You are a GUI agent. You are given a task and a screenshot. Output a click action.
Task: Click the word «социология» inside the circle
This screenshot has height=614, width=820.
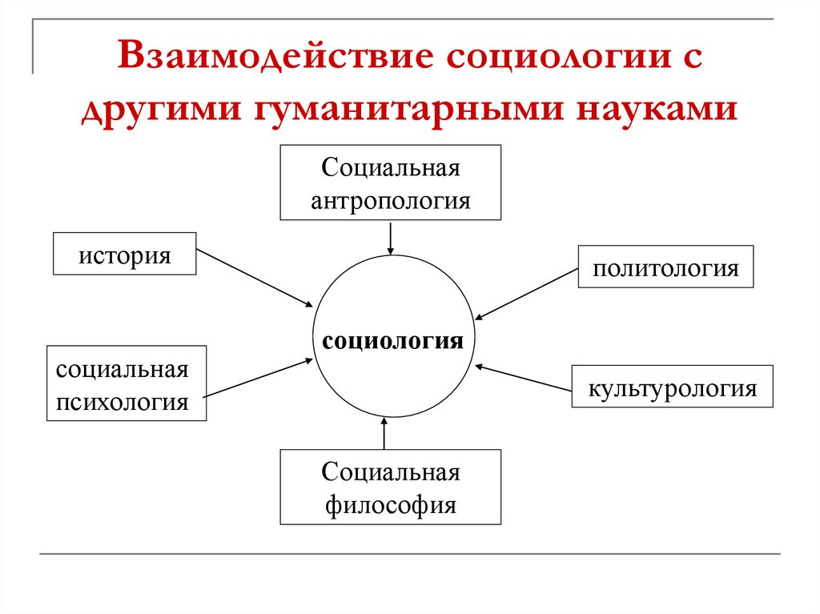[x=392, y=341]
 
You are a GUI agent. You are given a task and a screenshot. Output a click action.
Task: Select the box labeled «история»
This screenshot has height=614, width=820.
[x=124, y=254]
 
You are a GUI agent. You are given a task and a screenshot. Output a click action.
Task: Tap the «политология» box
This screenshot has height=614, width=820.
[x=665, y=267]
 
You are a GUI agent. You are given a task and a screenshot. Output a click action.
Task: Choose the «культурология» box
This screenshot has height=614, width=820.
[x=673, y=387]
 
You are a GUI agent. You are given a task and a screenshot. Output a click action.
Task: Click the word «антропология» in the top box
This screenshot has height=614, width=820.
[x=391, y=202]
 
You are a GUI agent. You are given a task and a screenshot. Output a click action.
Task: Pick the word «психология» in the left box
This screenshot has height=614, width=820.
[x=123, y=403]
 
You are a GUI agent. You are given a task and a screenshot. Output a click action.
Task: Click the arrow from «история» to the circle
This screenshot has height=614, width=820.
[x=255, y=278]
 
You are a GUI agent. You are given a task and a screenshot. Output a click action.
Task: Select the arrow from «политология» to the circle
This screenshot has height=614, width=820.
[x=527, y=294]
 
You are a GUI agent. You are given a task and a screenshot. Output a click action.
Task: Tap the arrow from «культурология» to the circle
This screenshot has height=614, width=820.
[x=524, y=378]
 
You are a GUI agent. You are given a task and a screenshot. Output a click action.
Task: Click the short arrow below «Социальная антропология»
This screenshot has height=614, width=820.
[x=390, y=238]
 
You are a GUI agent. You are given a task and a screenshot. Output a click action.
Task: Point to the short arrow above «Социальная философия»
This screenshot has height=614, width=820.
[x=384, y=433]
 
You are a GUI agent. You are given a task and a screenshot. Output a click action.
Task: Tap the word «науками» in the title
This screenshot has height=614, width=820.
[x=657, y=109]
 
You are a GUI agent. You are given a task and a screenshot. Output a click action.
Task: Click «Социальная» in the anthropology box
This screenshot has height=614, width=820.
[x=391, y=168]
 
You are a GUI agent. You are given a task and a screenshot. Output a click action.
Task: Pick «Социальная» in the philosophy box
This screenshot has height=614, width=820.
[x=391, y=473]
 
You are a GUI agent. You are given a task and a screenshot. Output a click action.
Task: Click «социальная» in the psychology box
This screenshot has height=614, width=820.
[x=123, y=371]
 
